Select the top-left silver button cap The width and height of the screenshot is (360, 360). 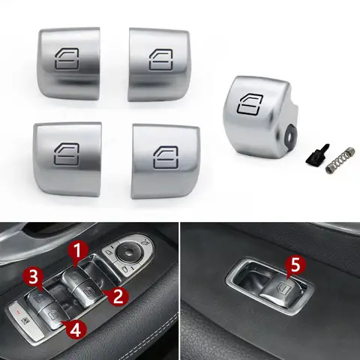tap(69, 59)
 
